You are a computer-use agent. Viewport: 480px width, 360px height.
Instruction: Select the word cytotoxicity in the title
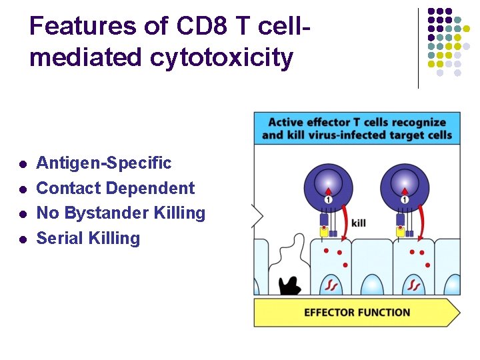[x=221, y=58]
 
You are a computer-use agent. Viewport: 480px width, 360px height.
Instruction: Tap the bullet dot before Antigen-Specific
[x=23, y=164]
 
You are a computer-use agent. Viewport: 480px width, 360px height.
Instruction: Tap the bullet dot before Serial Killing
[x=23, y=239]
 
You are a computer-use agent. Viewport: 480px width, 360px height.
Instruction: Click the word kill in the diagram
[x=359, y=223]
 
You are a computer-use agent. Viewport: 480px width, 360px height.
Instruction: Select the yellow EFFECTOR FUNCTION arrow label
[x=357, y=312]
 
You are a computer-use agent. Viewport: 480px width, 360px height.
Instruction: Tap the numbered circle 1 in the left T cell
[x=328, y=200]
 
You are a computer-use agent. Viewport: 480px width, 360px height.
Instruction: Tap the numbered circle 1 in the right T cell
[x=405, y=200]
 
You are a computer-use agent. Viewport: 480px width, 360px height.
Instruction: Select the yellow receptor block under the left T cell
[x=324, y=233]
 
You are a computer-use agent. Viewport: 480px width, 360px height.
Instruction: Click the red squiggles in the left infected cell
[x=331, y=285]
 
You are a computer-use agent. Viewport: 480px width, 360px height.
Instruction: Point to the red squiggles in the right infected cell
[x=413, y=285]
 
